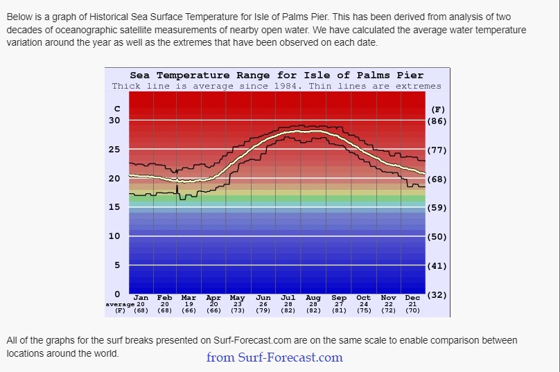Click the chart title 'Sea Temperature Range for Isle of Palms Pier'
coord(277,75)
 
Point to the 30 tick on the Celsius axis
coord(114,120)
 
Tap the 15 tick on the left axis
coord(114,207)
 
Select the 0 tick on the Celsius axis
coord(117,294)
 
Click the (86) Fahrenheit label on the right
coord(438,121)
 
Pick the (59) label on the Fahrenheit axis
coord(438,208)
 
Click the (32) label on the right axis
coord(438,295)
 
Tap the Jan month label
coord(140,298)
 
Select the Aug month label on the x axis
coord(313,298)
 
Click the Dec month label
coord(412,298)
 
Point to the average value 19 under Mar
coord(189,304)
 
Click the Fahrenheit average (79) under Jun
coord(263,310)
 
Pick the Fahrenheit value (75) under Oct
coord(363,310)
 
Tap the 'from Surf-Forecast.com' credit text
coord(274,357)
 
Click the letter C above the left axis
coord(117,109)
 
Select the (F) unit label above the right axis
coord(438,109)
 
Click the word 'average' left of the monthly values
coord(119,304)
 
